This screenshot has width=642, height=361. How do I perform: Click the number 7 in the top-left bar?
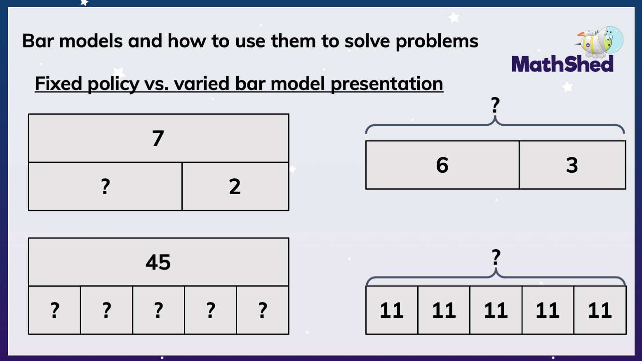coord(158,138)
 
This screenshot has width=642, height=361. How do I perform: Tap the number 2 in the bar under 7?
coord(235,187)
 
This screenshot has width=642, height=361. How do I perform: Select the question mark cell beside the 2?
coord(106,187)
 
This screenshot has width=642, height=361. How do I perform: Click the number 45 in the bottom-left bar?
coord(158,262)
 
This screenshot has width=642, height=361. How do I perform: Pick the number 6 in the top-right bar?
coord(442,165)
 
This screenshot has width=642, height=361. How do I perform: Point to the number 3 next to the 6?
coord(572,165)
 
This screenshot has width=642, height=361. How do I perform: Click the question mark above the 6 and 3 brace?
coord(495,105)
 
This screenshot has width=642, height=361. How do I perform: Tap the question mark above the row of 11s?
coord(496,258)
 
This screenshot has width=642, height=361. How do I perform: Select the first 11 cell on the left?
coord(392,310)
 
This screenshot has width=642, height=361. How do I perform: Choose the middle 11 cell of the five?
coord(496,310)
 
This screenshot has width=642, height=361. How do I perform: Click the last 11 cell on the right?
coord(600,310)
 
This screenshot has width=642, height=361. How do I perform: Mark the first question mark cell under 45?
coord(55,310)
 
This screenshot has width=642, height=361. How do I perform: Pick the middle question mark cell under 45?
coord(158,310)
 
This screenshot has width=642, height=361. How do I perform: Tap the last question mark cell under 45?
coord(263,310)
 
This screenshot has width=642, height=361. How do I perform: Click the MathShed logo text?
coord(562,64)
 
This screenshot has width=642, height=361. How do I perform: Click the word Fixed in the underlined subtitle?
coord(58,84)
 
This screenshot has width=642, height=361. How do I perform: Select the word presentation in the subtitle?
coord(387,84)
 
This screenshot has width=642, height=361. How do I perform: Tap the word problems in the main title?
coord(437,41)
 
